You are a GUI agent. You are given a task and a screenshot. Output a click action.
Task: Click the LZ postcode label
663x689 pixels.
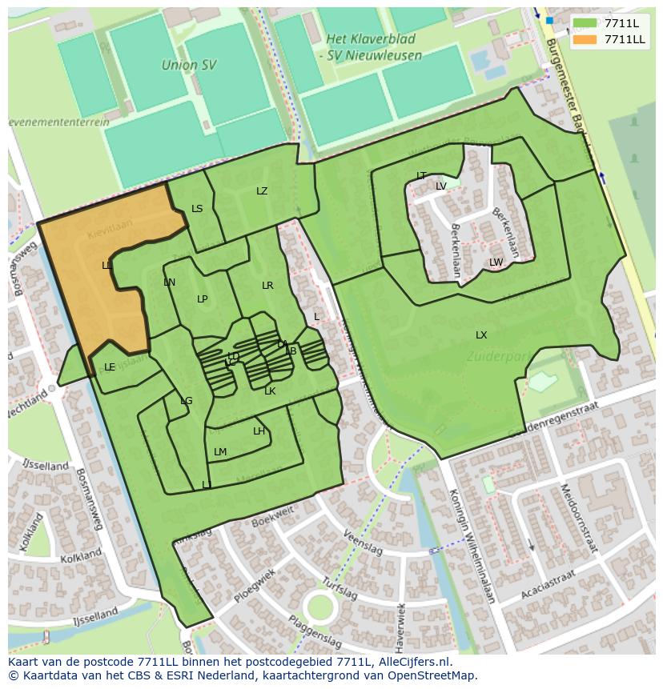coord(262,191)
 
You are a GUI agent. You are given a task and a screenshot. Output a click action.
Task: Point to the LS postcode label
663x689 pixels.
coord(197,209)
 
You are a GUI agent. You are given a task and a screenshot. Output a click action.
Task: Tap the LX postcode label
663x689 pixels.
coord(481,335)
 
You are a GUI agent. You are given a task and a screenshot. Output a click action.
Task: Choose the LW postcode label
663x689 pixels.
coord(496,262)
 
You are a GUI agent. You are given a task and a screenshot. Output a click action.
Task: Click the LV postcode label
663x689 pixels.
coord(441,186)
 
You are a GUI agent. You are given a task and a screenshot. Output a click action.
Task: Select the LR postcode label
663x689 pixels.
coord(267,286)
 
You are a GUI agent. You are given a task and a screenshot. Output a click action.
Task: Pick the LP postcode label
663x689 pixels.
coord(203,299)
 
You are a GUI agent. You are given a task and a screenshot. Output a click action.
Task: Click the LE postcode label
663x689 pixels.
coord(110,367)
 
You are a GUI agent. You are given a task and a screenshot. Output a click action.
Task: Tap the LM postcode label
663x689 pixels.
coord(220,452)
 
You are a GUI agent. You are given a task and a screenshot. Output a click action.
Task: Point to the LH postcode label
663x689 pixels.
coord(259,431)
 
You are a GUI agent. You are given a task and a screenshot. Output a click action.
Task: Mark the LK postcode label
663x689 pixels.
coord(270,391)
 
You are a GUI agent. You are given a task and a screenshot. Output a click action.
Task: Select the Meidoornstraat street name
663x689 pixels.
coord(578,518)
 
